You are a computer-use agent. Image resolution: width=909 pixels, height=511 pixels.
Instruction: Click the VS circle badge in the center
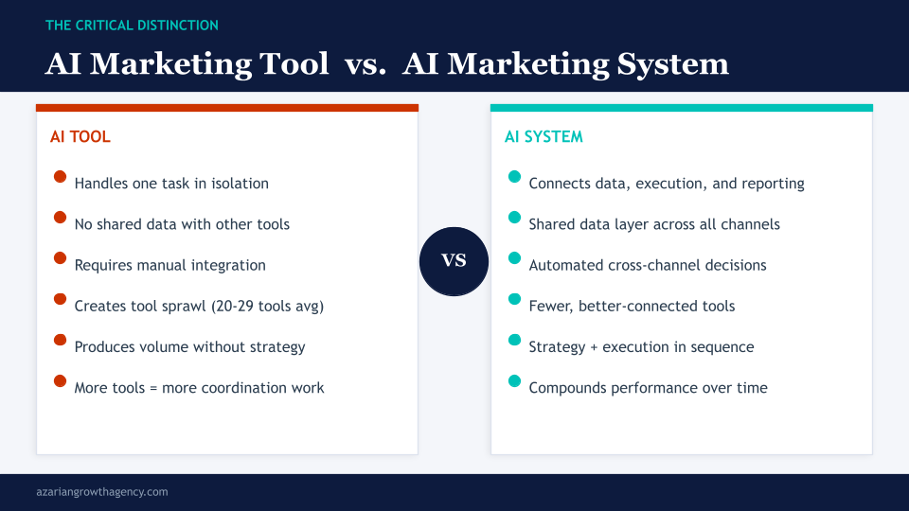[454, 261]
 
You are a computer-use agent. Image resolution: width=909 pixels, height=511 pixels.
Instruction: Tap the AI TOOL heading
[80, 137]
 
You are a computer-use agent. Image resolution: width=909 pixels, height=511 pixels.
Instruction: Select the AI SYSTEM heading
[544, 137]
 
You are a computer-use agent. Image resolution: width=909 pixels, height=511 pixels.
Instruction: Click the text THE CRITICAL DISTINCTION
[132, 26]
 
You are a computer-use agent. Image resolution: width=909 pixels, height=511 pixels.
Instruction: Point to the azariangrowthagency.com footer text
[101, 492]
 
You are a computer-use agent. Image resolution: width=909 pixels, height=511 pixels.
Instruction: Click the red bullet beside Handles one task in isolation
[60, 177]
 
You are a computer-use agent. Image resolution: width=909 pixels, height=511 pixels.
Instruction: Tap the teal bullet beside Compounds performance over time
[514, 380]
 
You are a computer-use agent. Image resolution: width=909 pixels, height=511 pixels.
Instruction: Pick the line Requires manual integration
[169, 265]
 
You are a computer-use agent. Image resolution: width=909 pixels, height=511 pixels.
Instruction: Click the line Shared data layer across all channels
[654, 224]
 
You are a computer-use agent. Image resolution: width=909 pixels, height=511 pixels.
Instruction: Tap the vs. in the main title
[365, 63]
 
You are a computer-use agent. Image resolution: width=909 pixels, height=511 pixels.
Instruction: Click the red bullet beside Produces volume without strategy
[60, 340]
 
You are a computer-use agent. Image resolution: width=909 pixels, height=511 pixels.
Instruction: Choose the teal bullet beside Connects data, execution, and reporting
[514, 177]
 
